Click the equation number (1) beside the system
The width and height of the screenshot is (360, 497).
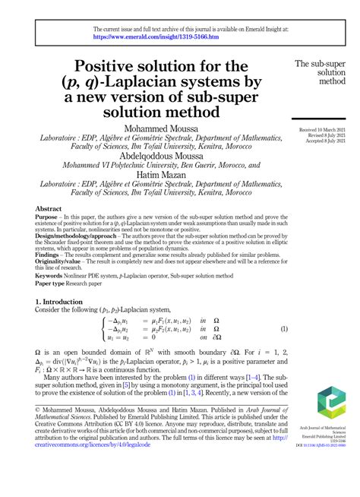pyautogui.click(x=284, y=329)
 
